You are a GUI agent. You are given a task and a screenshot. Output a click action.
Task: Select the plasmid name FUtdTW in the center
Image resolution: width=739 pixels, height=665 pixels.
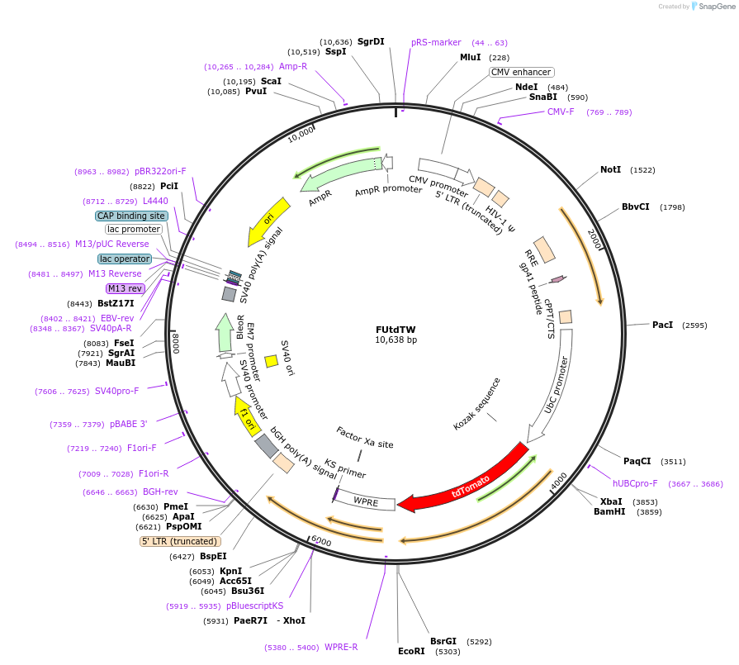click(x=396, y=329)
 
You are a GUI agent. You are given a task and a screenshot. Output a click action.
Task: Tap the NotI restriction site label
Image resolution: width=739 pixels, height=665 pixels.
click(x=610, y=169)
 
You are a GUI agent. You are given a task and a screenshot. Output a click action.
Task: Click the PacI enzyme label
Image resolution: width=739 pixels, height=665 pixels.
click(x=662, y=325)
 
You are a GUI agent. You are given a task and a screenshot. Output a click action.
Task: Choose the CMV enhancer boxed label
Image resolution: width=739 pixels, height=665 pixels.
click(x=521, y=72)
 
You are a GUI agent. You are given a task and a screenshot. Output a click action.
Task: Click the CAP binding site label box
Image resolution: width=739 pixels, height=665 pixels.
click(x=131, y=216)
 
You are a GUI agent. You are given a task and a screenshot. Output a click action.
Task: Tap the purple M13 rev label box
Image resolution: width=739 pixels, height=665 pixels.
click(x=125, y=288)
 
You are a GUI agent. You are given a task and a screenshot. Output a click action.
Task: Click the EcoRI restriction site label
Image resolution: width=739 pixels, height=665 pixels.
click(x=411, y=651)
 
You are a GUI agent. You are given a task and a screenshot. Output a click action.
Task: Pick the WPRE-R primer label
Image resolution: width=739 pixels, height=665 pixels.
click(x=341, y=647)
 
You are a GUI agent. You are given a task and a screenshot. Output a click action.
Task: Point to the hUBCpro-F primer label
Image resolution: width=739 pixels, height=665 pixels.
click(x=635, y=483)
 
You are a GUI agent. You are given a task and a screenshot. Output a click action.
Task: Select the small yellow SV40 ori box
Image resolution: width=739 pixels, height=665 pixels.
click(x=270, y=361)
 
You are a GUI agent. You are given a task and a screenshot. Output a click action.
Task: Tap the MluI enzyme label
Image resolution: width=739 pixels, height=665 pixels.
click(x=470, y=57)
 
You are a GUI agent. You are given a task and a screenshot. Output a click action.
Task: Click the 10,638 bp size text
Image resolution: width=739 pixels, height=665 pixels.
click(x=396, y=340)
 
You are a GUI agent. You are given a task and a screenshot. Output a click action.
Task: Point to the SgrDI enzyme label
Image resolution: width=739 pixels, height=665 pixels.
click(x=371, y=41)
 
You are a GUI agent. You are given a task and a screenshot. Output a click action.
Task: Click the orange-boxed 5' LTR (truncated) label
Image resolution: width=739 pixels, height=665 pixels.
click(x=180, y=541)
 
